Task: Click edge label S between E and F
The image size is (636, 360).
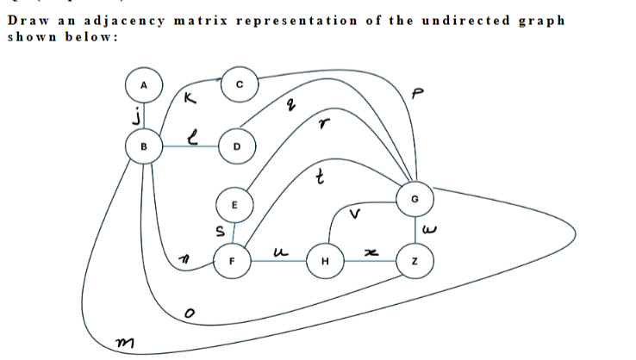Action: [x=219, y=230]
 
